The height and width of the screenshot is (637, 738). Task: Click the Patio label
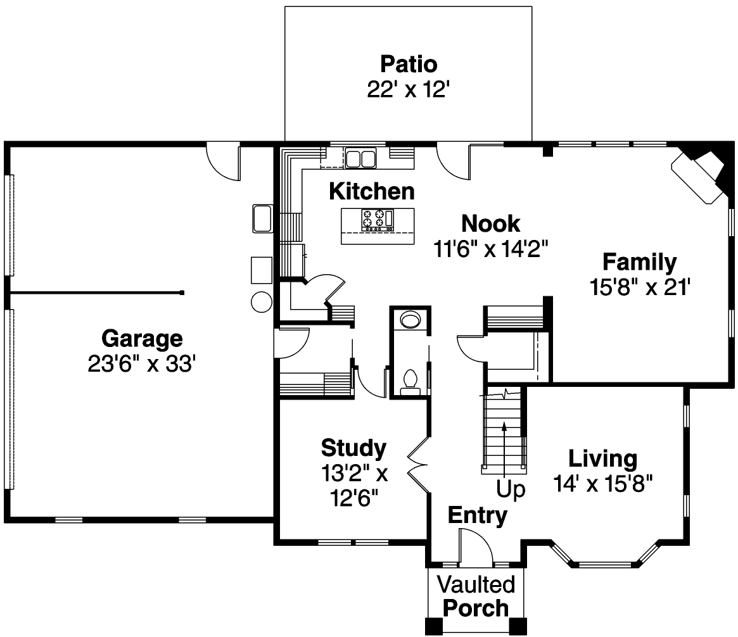click(x=409, y=65)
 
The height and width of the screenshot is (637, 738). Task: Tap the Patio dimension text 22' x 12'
click(x=409, y=89)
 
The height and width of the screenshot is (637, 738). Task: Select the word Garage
click(x=142, y=339)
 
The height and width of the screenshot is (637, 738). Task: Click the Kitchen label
click(x=372, y=191)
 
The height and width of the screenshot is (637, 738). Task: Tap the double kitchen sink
click(x=360, y=158)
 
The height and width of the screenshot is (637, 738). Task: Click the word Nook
click(x=491, y=224)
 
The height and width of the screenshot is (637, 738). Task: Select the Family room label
click(x=639, y=262)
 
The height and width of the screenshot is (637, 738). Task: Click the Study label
click(x=353, y=448)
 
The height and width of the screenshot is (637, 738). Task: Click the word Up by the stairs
click(x=511, y=491)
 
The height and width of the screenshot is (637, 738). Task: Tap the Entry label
click(x=478, y=516)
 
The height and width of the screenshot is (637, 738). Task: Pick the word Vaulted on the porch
click(x=476, y=583)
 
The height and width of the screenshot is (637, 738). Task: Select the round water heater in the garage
click(x=261, y=302)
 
